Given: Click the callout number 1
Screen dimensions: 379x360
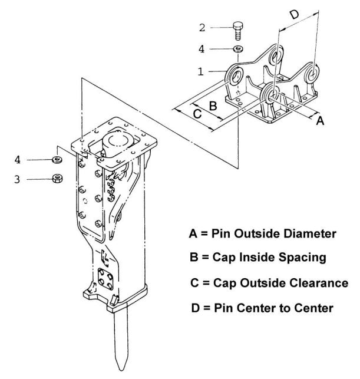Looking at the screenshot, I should coord(201,71).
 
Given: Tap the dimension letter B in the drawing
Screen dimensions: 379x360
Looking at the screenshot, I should coord(214,106).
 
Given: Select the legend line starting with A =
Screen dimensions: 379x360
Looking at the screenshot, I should coord(263,233).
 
